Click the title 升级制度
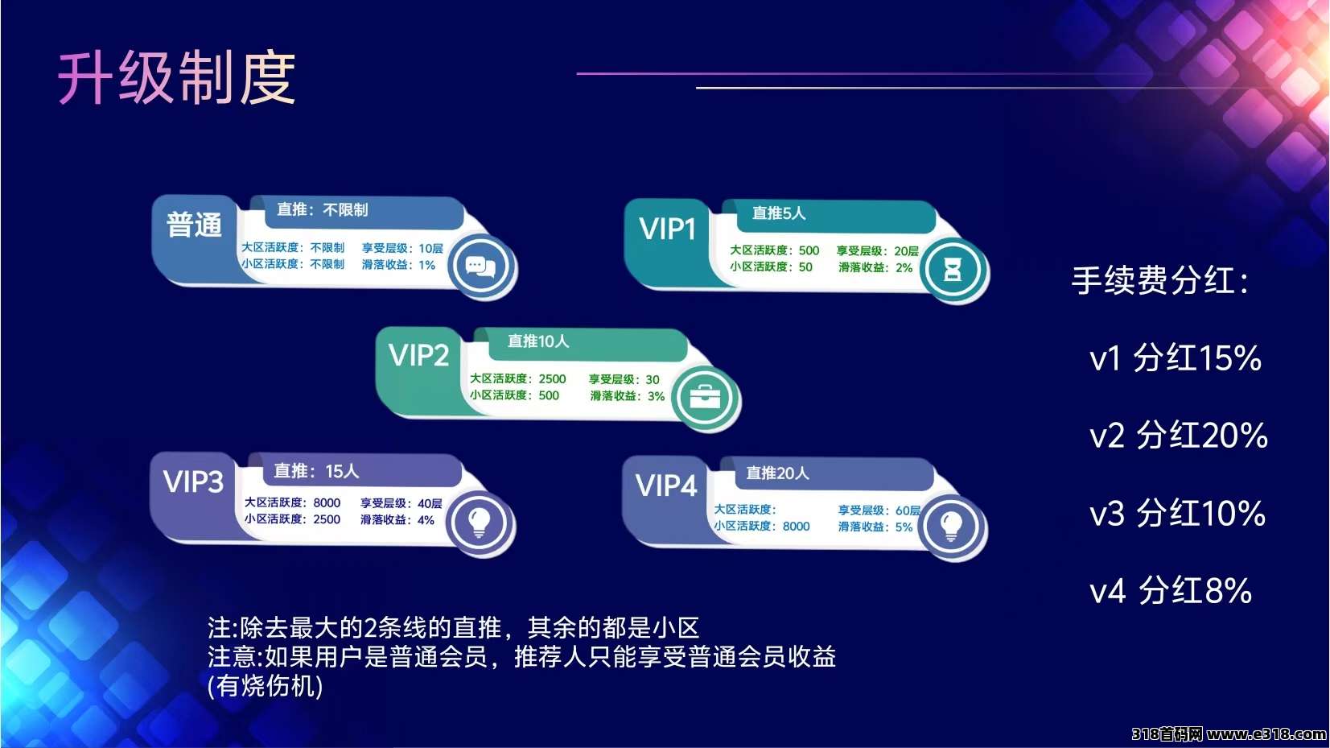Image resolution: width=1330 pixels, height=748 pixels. pos(176,78)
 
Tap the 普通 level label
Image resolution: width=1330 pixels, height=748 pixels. pos(194,225)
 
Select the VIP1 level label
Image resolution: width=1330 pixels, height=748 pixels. pos(667,229)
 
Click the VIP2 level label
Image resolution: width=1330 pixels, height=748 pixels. pos(418,355)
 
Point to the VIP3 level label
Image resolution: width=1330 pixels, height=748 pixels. pos(194,481)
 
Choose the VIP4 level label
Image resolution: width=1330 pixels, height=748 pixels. pos(666,486)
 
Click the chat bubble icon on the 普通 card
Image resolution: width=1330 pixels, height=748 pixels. pos(480,267)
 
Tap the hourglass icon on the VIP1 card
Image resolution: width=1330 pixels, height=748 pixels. pos(953,271)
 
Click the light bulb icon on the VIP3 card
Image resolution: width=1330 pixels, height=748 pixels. pos(480,523)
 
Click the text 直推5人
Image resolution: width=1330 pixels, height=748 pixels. pos(778,213)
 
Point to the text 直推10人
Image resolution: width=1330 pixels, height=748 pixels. pos(538,341)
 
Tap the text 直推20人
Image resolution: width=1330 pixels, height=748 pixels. pos(777,473)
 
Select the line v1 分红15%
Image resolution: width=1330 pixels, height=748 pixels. pos(1176,358)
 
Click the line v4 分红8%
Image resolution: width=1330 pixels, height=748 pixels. pos(1171,590)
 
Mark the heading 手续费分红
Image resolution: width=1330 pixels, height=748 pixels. pos(1160,280)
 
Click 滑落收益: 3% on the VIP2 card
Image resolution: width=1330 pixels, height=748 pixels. pos(627,396)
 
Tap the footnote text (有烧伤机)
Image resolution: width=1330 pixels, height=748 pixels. pos(266,686)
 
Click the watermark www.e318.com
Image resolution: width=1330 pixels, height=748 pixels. pos(1266,734)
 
